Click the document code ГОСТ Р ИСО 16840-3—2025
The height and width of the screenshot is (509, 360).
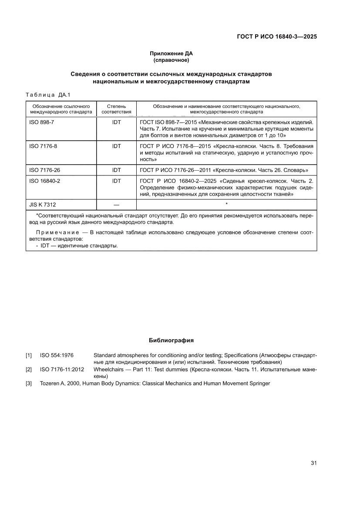(273, 37)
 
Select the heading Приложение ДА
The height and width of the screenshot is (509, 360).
(171, 54)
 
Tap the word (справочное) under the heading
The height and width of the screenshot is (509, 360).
(171, 60)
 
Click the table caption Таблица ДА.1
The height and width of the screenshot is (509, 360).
(45, 95)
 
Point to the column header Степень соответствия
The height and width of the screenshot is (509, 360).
(116, 109)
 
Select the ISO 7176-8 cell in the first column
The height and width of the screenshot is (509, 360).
(43, 146)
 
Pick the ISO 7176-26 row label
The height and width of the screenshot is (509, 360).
(44, 170)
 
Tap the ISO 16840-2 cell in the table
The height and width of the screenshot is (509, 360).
(44, 180)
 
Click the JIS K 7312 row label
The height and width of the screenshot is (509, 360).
(42, 204)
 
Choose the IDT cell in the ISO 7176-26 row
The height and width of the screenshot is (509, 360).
(116, 170)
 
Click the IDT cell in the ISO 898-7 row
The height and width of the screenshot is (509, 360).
(116, 123)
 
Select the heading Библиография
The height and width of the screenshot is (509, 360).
(171, 340)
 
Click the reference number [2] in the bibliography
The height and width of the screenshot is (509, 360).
(29, 370)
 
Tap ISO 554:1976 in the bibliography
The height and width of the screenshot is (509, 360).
(57, 356)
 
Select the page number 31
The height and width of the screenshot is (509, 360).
(313, 463)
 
